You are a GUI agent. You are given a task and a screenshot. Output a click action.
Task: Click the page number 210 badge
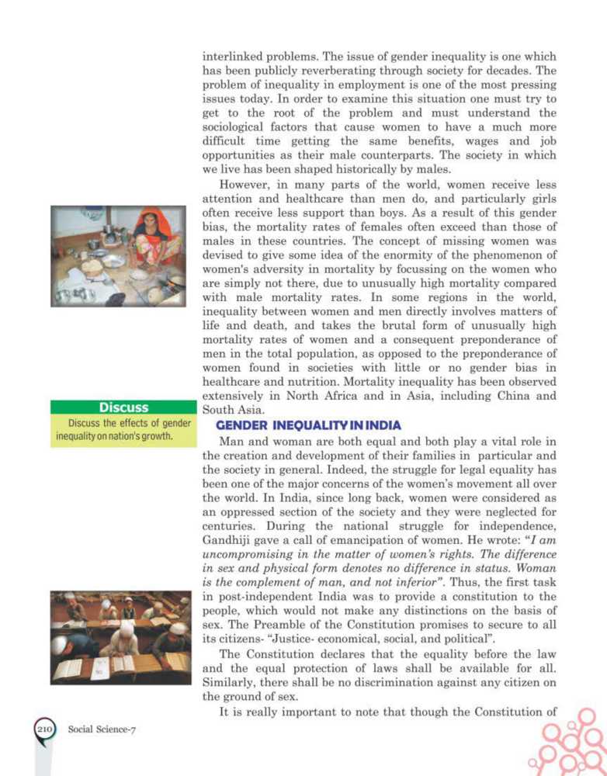coord(42,730)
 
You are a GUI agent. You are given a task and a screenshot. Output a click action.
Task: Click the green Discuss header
coord(123,407)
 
